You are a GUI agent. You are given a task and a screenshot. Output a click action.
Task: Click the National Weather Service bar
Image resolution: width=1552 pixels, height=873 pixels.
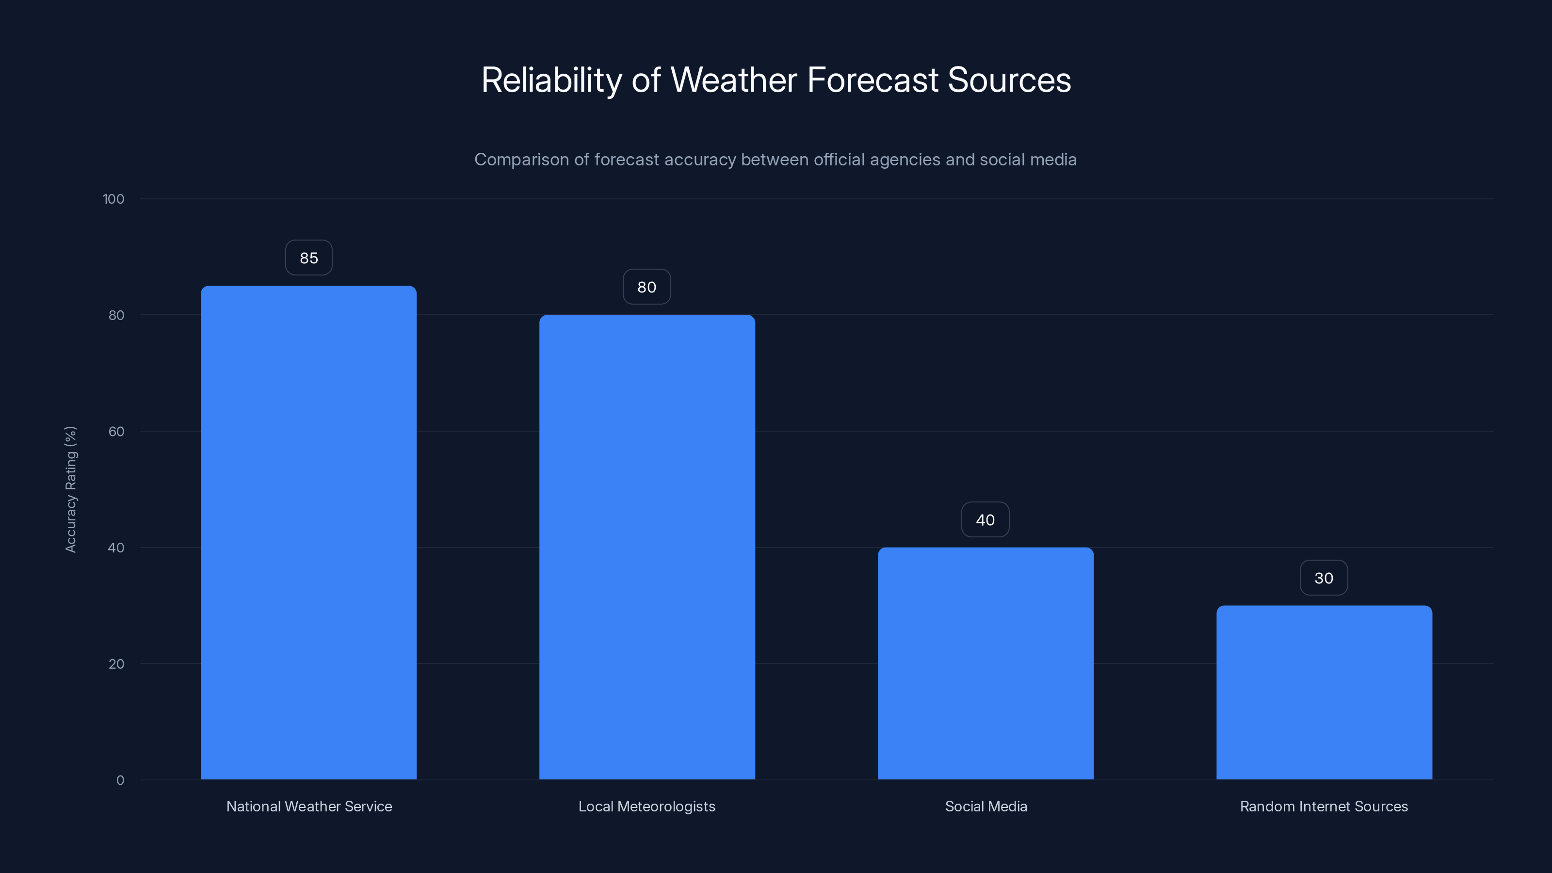(308, 533)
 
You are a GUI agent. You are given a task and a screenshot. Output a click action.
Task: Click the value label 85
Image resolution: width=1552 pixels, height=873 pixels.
(308, 258)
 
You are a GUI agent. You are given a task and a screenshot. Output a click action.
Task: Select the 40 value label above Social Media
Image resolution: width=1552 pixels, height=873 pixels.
(985, 520)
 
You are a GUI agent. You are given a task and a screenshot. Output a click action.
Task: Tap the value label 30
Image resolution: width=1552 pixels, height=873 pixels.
(1324, 579)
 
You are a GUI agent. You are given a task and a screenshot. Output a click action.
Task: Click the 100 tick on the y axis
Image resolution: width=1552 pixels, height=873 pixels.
(113, 199)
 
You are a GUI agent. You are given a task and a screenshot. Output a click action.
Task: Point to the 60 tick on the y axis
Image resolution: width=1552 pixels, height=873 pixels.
(116, 431)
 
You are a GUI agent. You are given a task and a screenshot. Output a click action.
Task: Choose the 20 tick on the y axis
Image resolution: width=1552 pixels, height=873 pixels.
(116, 664)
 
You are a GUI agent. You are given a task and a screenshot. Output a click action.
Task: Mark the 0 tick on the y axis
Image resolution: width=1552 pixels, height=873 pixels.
(120, 780)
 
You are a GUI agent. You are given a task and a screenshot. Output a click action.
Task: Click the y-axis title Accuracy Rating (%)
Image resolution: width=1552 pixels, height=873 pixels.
(71, 489)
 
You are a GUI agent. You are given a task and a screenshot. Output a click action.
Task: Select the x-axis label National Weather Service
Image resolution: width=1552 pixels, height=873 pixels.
(309, 806)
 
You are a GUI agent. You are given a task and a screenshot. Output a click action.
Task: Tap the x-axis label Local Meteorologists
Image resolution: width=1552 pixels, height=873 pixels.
(647, 806)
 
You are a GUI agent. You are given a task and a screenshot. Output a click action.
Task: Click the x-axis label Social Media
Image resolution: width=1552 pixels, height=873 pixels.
(986, 806)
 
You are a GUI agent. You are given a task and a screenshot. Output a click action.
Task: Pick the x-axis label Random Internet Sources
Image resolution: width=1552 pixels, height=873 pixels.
(1324, 806)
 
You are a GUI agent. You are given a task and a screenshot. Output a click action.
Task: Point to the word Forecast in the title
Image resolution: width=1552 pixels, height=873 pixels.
(873, 80)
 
